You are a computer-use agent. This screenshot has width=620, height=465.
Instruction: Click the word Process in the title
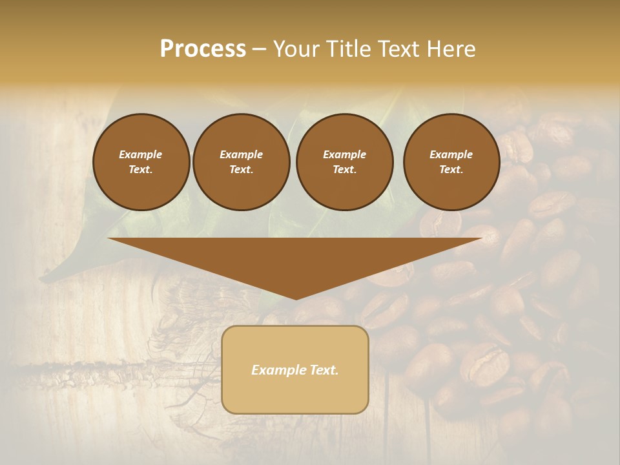coord(203,49)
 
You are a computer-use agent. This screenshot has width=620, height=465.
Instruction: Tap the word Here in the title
coord(452,49)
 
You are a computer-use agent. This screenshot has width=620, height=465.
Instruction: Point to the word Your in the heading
coord(294,49)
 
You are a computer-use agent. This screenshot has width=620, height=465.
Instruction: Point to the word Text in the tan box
coord(322,370)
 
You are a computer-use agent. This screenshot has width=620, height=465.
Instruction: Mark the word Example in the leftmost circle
coord(141,154)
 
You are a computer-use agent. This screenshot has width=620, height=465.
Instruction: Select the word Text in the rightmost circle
coord(451,170)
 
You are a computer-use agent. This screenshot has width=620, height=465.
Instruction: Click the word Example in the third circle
coord(344,154)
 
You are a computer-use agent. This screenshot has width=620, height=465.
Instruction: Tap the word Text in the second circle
coord(240,170)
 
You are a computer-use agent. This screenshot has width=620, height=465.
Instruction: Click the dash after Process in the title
coord(259,50)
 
